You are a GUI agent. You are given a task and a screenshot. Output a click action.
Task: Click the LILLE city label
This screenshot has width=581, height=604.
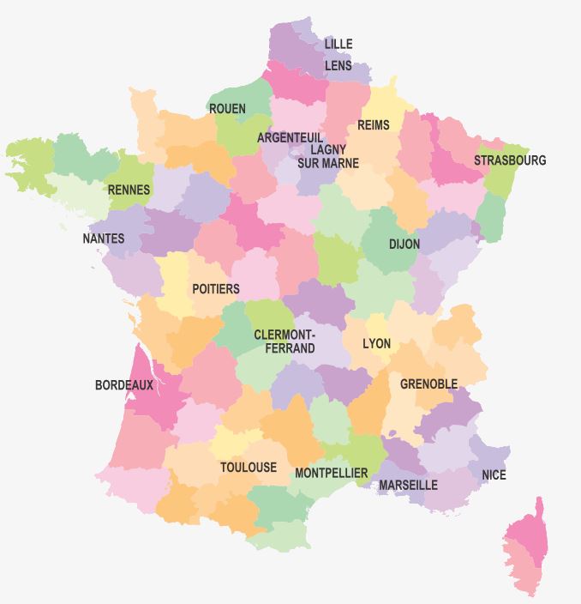(x=338, y=44)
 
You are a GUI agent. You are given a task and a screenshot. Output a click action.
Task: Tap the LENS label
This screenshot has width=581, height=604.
(x=338, y=65)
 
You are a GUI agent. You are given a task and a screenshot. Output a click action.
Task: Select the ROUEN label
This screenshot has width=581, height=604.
(x=227, y=109)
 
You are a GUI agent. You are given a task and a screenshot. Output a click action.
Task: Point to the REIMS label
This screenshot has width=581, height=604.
(x=373, y=125)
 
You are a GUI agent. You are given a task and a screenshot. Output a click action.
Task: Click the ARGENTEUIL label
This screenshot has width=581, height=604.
(x=290, y=137)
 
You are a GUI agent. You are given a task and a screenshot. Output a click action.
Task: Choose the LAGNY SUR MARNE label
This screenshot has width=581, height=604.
(x=328, y=156)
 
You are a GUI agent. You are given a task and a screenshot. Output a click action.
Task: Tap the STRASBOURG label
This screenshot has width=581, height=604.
(x=510, y=160)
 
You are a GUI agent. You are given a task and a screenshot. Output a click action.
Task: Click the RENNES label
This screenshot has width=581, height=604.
(x=129, y=190)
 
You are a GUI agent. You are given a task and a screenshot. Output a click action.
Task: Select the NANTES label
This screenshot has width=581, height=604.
(x=104, y=239)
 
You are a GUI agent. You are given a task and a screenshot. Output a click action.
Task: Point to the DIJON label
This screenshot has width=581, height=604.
(x=404, y=245)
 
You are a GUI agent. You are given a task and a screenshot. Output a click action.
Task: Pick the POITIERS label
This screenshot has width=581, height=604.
(x=216, y=289)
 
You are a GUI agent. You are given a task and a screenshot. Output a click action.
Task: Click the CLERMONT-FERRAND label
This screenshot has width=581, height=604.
(x=285, y=341)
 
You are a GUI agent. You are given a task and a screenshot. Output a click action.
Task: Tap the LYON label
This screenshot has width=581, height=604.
(x=376, y=344)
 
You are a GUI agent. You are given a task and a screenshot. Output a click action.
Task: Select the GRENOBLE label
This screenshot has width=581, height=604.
(x=428, y=384)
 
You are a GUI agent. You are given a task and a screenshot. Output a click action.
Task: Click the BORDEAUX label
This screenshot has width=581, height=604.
(x=124, y=385)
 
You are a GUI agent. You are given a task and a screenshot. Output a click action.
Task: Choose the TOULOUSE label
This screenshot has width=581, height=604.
(x=249, y=468)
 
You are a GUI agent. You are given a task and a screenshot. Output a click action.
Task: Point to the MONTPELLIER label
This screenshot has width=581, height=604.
(x=331, y=473)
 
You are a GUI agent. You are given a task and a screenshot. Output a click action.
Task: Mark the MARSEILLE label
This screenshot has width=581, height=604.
(x=408, y=485)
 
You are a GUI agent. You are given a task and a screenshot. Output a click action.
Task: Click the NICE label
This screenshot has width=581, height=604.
(x=494, y=474)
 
